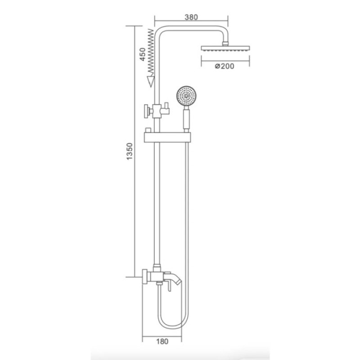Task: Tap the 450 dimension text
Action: coord(142,54)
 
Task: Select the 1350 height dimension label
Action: coord(129,153)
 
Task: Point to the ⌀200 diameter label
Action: coord(225,66)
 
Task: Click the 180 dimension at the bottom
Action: coord(163,341)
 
